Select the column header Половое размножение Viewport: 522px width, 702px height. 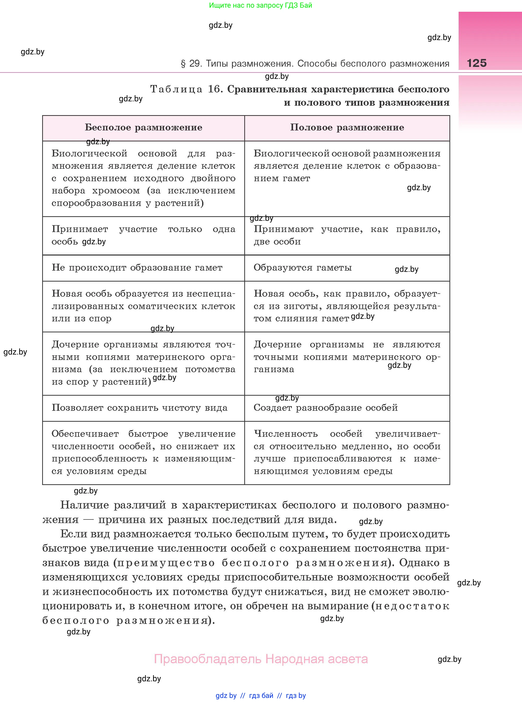[347, 128]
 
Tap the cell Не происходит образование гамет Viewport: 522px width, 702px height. [137, 268]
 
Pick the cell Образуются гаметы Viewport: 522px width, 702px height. [303, 268]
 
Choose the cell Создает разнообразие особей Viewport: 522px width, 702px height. [326, 408]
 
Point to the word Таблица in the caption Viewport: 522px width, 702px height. [176, 89]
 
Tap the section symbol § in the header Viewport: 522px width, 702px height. [183, 64]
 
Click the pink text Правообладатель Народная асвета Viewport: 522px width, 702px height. [261, 659]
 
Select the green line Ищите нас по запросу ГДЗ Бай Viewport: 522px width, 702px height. [260, 5]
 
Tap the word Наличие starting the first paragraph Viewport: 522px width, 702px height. [84, 505]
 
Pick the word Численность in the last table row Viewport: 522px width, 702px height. [286, 434]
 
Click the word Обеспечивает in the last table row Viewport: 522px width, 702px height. [85, 434]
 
